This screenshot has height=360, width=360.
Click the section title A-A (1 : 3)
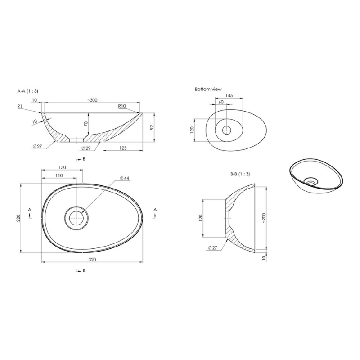(28, 91)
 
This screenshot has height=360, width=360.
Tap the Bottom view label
(208, 89)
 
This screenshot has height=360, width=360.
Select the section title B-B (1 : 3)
(240, 174)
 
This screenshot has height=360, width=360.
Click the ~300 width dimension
(92, 100)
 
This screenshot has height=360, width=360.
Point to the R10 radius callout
(122, 106)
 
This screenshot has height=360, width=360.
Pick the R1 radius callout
(20, 106)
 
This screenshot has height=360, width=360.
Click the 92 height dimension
(152, 128)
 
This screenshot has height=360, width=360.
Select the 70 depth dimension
(86, 124)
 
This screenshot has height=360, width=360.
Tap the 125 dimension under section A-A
(123, 148)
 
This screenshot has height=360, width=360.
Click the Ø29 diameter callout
(86, 148)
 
